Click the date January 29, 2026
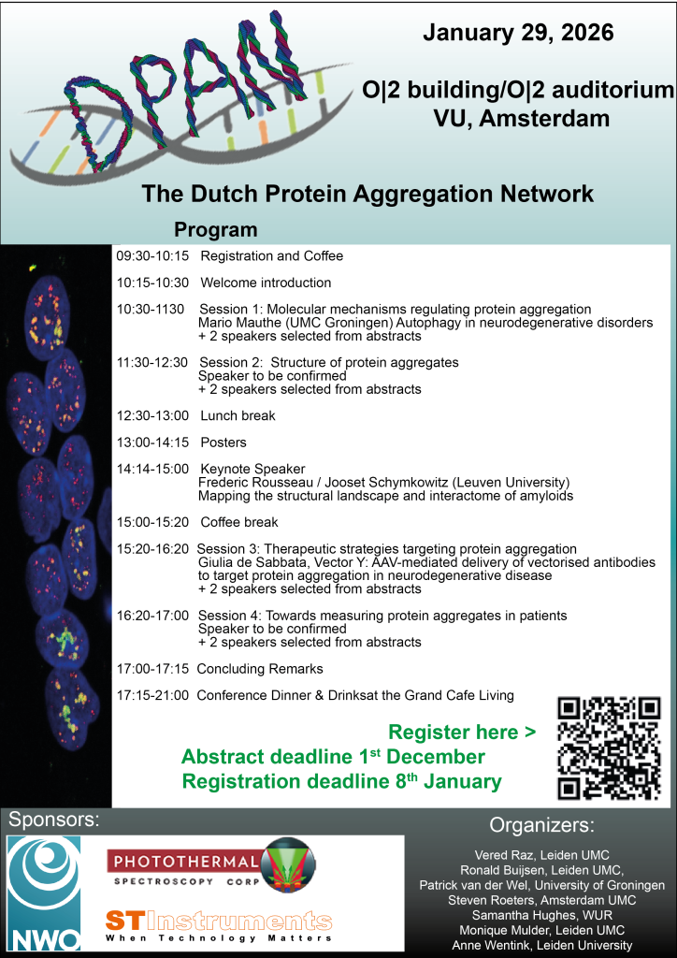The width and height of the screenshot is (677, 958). tap(518, 33)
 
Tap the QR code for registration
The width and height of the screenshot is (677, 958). tap(609, 748)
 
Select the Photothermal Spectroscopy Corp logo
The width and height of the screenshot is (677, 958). tap(210, 868)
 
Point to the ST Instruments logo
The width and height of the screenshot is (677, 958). tap(219, 923)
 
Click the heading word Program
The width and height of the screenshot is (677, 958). tap(215, 230)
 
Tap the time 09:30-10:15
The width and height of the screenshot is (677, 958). tap(151, 256)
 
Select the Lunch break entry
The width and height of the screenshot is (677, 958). tap(238, 415)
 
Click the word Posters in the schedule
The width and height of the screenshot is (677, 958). tap(224, 443)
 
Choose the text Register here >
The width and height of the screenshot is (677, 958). tap(462, 733)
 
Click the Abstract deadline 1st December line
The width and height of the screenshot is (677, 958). tap(333, 757)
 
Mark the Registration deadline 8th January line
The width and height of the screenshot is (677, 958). tap(341, 781)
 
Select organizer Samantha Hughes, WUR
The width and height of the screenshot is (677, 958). tap(541, 916)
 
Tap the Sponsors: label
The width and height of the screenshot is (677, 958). tap(54, 820)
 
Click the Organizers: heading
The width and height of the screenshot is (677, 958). tap(541, 826)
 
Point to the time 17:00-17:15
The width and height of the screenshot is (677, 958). tap(151, 669)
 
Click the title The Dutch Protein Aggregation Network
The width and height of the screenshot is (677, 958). tap(367, 195)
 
